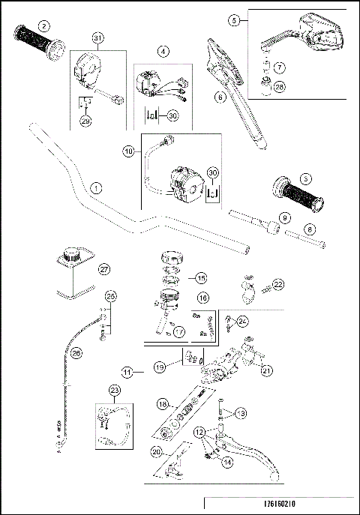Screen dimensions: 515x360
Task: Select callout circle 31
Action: [97, 38]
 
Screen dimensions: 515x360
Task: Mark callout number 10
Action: [128, 151]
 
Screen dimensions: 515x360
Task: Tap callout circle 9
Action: [283, 217]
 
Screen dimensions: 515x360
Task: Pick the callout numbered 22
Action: [277, 284]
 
